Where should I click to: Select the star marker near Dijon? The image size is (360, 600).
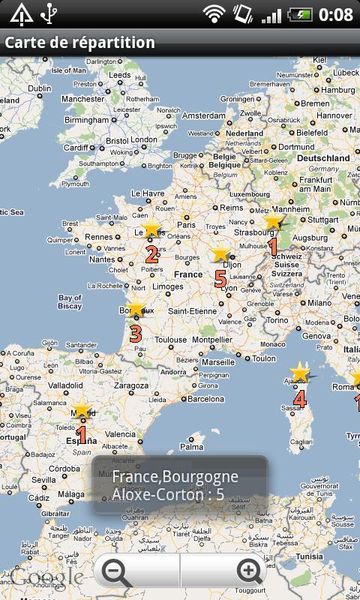pos(220,253)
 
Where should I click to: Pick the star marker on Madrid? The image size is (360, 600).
pos(81,409)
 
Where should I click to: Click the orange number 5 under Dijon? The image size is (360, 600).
pos(220,278)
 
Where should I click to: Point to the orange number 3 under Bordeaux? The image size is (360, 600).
pos(136,332)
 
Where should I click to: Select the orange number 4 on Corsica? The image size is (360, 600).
pos(300,398)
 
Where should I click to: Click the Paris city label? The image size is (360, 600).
pos(186,224)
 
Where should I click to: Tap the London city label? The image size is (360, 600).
pos(144,139)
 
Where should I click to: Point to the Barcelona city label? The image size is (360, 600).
pos(205,399)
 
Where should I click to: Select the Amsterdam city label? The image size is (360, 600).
pos(204,115)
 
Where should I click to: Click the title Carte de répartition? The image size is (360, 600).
pos(80,43)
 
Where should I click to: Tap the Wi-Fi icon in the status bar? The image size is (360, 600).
pos(214,13)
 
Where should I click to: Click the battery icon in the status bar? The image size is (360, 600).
pos(300,13)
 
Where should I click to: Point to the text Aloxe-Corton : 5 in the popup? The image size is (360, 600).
pos(169,494)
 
